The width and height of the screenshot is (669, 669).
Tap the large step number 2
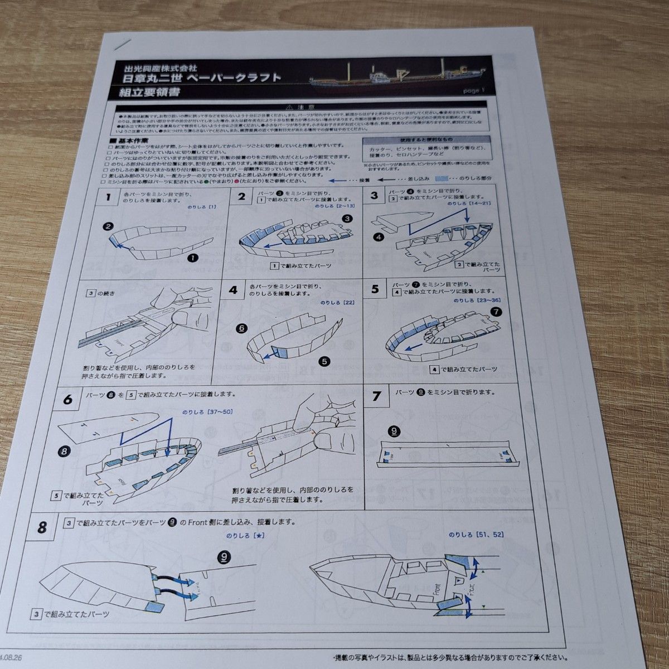pyautogui.click(x=242, y=196)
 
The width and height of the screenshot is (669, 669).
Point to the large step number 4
pyautogui.click(x=233, y=290)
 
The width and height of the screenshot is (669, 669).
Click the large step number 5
pyautogui.click(x=375, y=289)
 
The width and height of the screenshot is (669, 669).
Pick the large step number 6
pyautogui.click(x=68, y=399)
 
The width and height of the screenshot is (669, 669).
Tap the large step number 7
pyautogui.click(x=377, y=396)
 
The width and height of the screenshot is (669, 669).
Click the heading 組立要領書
pyautogui.click(x=145, y=92)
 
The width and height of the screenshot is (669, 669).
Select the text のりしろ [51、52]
pyautogui.click(x=476, y=535)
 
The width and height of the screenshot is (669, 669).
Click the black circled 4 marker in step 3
pyautogui.click(x=380, y=237)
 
